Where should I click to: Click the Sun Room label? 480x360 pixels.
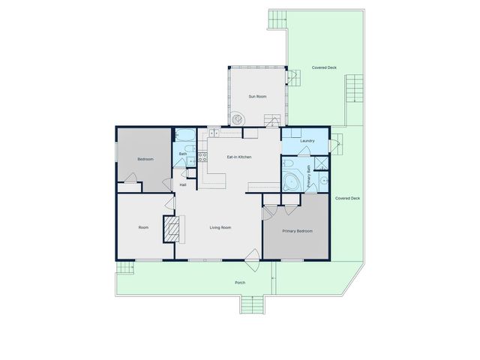pos(257,96)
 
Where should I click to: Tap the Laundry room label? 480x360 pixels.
pos(306,141)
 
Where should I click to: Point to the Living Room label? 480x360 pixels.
pos(220,227)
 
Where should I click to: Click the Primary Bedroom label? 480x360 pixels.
pos(297,231)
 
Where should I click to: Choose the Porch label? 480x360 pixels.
pos(240,283)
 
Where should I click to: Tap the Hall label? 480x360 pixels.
pos(183,184)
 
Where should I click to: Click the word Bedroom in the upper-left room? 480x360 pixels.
pos(145,159)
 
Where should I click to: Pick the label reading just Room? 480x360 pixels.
pos(144,227)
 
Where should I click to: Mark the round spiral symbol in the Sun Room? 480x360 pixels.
pos(237,118)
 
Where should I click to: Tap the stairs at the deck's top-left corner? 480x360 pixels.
pos(278,18)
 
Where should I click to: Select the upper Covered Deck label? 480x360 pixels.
pos(324,67)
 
